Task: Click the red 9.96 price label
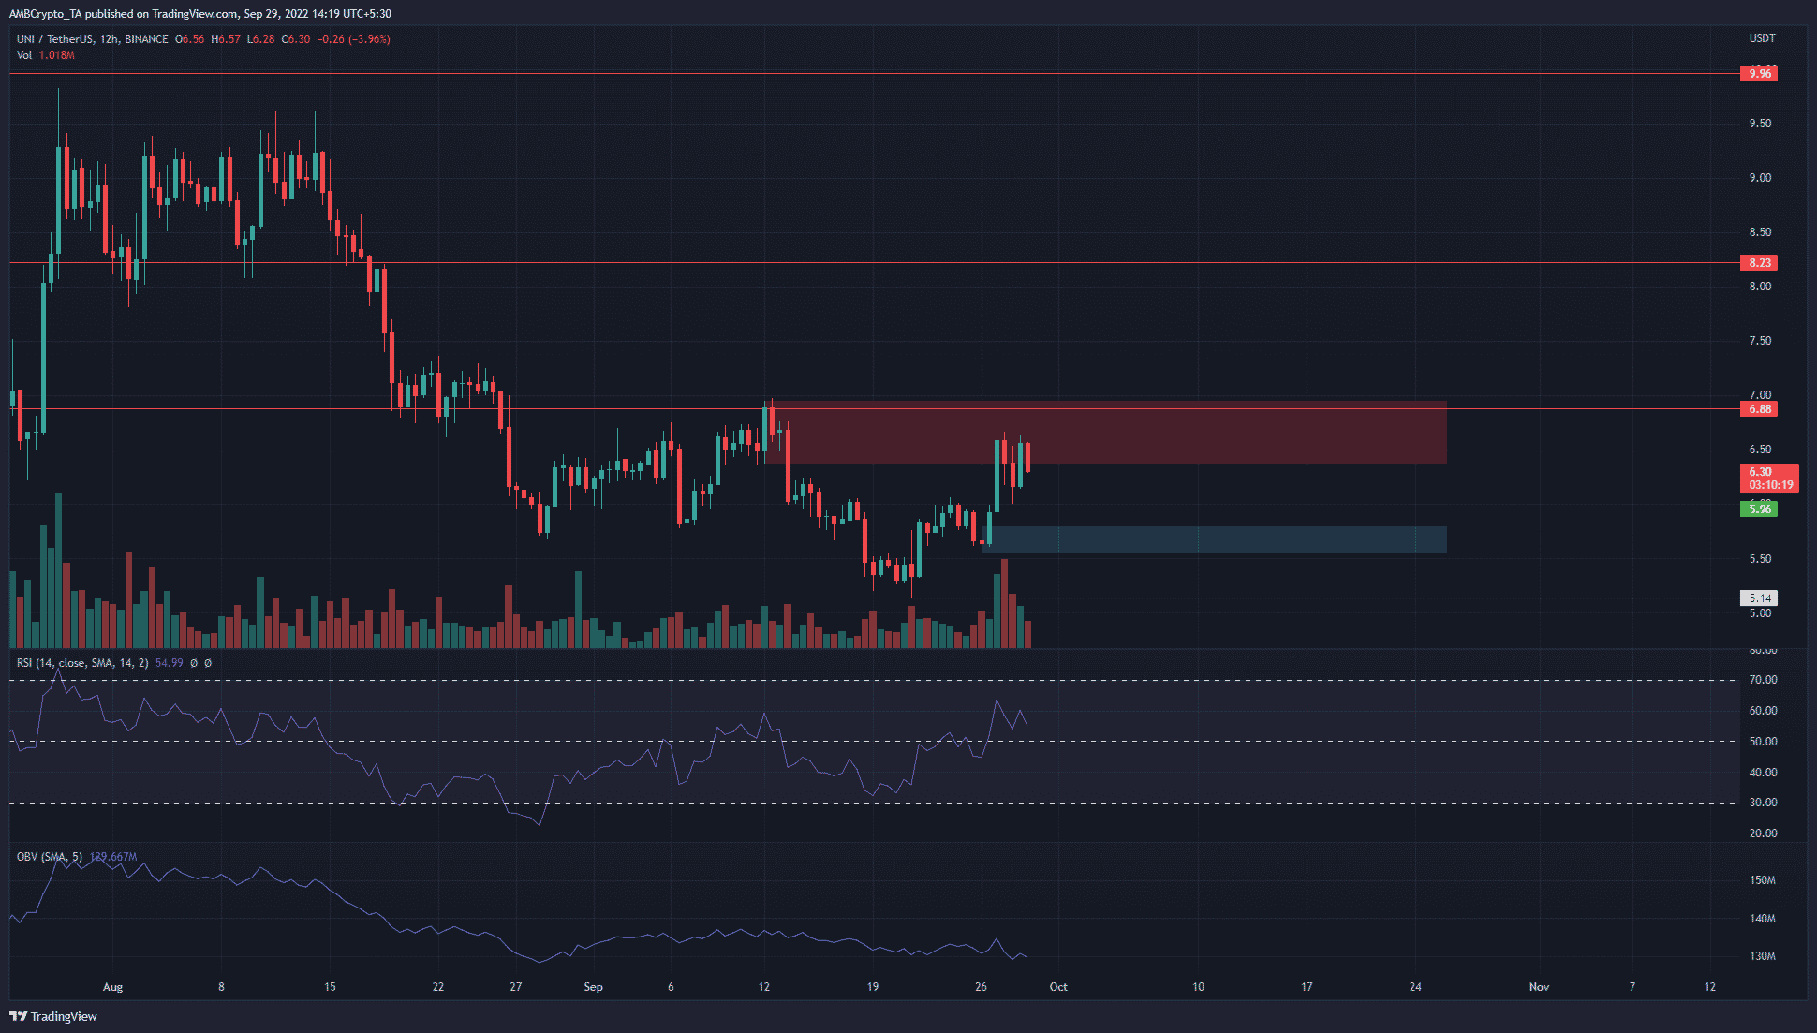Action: click(1758, 73)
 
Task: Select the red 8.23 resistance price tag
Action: click(1758, 263)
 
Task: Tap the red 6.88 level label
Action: click(1758, 409)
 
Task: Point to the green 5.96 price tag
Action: click(1758, 509)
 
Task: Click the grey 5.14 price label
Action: click(1758, 598)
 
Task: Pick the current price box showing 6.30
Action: click(1768, 479)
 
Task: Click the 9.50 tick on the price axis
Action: click(1760, 124)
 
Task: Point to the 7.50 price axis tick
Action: click(1760, 341)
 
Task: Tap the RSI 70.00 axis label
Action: click(1763, 680)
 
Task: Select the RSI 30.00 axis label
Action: click(1763, 803)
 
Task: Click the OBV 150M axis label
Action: click(1762, 880)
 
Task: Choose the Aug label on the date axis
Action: click(112, 987)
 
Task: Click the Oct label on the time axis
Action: click(1058, 987)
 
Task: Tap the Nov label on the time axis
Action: click(1539, 987)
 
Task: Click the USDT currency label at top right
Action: click(1762, 38)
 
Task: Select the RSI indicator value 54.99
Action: click(169, 663)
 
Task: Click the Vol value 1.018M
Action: click(57, 55)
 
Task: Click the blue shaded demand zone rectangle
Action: click(1218, 539)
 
